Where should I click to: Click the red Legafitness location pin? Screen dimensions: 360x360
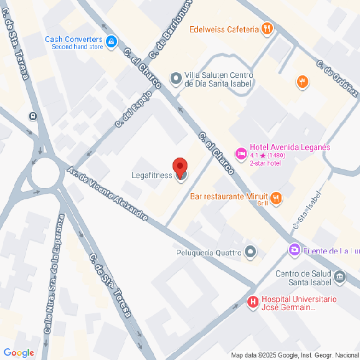tap(180, 168)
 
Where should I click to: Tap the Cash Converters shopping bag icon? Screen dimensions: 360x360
tap(111, 42)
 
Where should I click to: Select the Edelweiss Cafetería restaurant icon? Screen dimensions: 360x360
tap(267, 29)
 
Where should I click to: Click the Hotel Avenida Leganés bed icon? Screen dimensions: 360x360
tap(240, 153)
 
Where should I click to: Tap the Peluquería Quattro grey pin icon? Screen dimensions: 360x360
tap(251, 252)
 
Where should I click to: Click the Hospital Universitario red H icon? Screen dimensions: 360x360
tap(253, 303)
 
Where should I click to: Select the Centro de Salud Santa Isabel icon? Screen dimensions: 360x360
tap(339, 276)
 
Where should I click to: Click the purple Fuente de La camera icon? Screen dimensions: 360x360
tap(293, 250)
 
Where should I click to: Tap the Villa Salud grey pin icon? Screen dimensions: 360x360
tap(176, 79)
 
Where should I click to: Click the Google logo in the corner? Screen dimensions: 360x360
tap(18, 353)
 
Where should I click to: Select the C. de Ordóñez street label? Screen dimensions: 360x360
tap(337, 79)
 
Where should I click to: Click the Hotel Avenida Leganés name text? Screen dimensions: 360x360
tap(290, 148)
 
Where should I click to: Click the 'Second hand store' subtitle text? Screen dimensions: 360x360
tap(77, 47)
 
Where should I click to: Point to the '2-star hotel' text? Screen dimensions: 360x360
tap(265, 163)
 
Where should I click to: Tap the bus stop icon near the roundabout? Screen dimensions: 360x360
tap(32, 115)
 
